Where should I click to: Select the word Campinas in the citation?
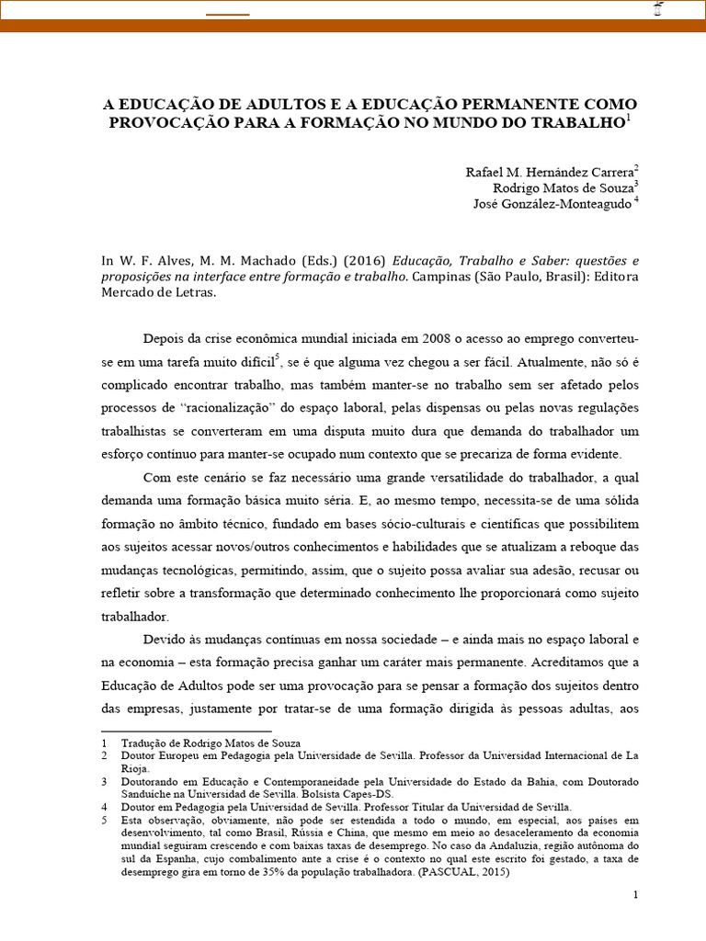click(x=441, y=277)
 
